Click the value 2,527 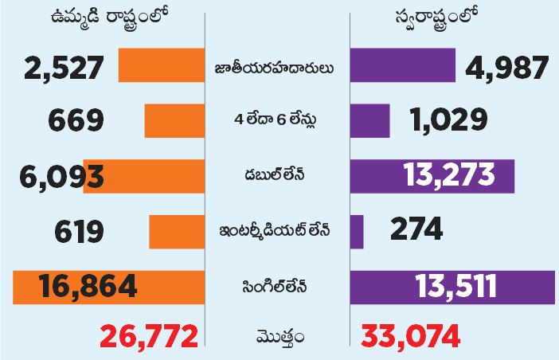click(53, 67)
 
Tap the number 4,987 click(506, 67)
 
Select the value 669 click(76, 121)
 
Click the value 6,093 click(53, 175)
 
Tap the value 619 click(80, 230)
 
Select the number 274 click(416, 230)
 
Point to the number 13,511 click(456, 285)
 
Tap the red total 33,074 click(410, 337)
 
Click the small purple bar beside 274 click(357, 231)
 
